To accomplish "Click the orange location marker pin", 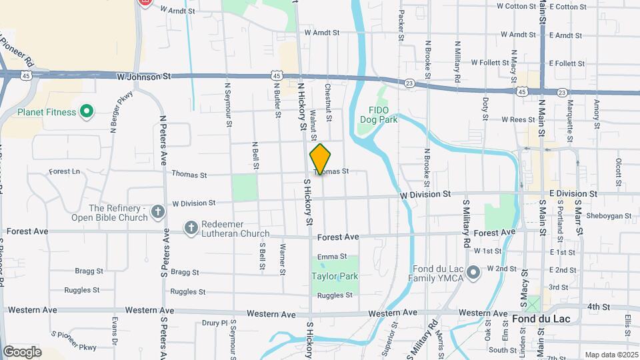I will [320, 159].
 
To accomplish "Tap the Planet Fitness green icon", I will [86, 112].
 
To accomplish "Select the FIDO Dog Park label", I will [383, 115].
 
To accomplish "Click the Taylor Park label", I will [335, 276].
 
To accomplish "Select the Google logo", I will [22, 351].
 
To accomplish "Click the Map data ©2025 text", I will [611, 355].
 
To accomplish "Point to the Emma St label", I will [332, 257].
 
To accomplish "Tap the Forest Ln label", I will [64, 171].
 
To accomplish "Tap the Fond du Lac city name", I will [541, 319].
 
